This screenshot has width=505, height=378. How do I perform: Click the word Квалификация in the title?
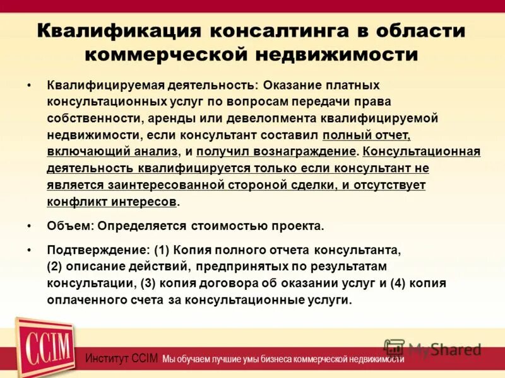(x=118, y=30)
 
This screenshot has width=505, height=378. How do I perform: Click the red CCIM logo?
(x=44, y=348)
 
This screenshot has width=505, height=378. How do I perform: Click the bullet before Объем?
(x=30, y=226)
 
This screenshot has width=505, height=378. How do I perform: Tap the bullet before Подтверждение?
(x=30, y=249)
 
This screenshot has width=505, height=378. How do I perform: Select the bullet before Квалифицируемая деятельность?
(x=30, y=84)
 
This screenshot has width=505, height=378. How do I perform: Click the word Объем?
(x=71, y=226)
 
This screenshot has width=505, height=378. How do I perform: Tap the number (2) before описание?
(x=57, y=266)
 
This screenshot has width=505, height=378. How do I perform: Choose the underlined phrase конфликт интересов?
(x=112, y=202)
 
